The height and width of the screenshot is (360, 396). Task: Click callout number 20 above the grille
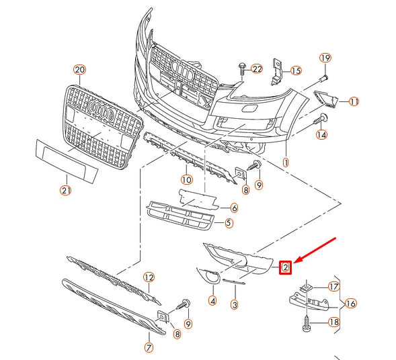[x=80, y=69]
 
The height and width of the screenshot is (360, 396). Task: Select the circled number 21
[x=66, y=190]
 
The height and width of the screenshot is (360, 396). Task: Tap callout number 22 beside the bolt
[x=257, y=69]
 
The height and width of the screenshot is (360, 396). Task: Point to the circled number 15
[x=296, y=70]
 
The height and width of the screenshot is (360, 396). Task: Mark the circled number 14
[x=322, y=135]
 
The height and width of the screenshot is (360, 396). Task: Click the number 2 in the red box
[x=286, y=268]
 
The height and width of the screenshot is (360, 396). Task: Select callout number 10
[x=186, y=179]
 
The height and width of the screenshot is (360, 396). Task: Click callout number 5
[x=229, y=223]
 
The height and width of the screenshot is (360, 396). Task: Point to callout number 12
[x=149, y=277]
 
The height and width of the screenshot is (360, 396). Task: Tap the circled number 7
[x=149, y=347]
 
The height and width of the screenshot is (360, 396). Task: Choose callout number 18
[x=334, y=322]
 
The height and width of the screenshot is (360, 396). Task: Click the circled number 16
[x=350, y=304]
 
